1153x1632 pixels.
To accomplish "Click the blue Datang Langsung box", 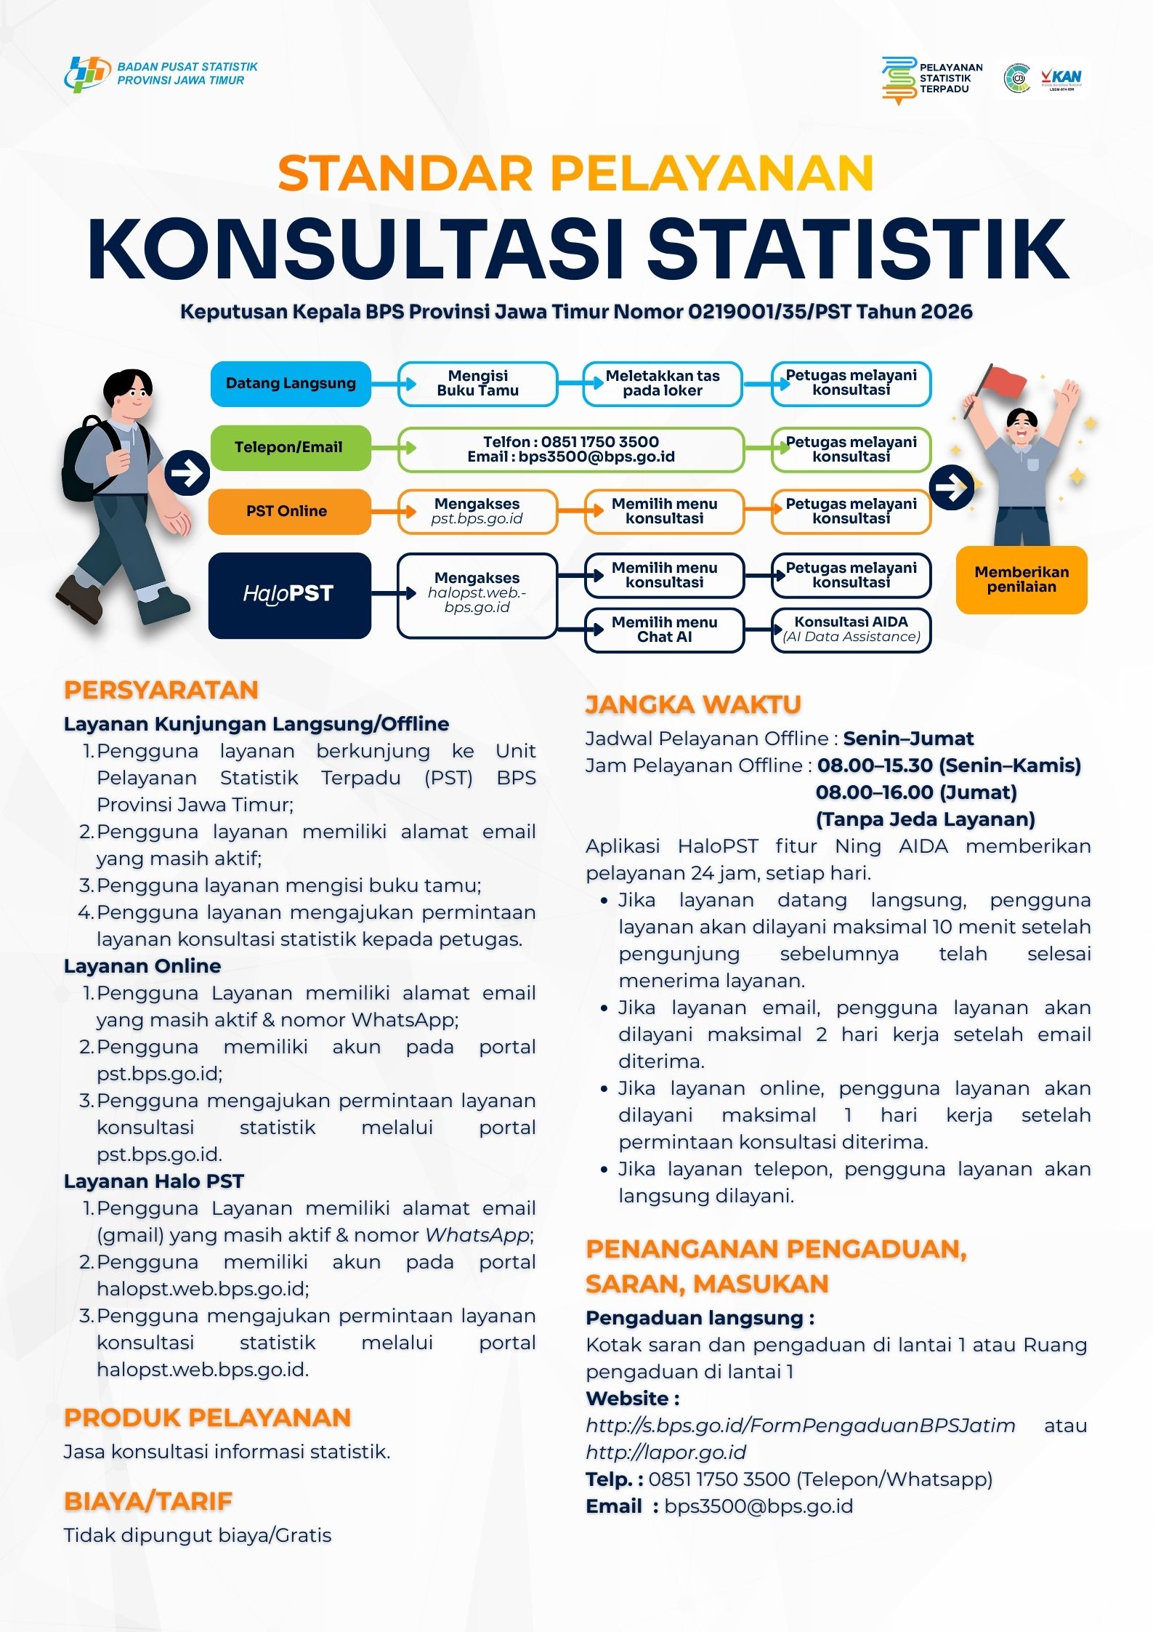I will click(x=291, y=383).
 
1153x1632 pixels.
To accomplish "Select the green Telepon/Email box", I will click(x=289, y=447).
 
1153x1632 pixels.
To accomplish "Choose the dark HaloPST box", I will click(x=289, y=595).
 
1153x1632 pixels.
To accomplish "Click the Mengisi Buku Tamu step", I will click(x=477, y=383).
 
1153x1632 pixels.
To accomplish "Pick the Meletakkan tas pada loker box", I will click(x=663, y=383).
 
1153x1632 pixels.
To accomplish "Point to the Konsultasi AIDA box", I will click(x=851, y=630).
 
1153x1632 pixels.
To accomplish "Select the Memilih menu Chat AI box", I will click(x=664, y=630).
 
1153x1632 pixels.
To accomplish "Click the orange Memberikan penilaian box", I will click(x=1021, y=579).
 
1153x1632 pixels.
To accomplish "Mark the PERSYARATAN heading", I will click(x=161, y=690).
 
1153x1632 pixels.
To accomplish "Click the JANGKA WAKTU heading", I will click(x=693, y=704).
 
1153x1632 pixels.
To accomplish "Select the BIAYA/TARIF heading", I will click(x=148, y=1501).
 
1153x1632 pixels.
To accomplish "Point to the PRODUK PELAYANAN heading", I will click(x=207, y=1418).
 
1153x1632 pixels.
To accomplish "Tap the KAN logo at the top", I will click(x=1061, y=78).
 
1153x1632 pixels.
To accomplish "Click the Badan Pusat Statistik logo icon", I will click(x=86, y=74).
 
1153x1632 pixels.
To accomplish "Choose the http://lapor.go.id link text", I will click(x=665, y=1452).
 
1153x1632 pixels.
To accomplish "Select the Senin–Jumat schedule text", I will click(x=908, y=739).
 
